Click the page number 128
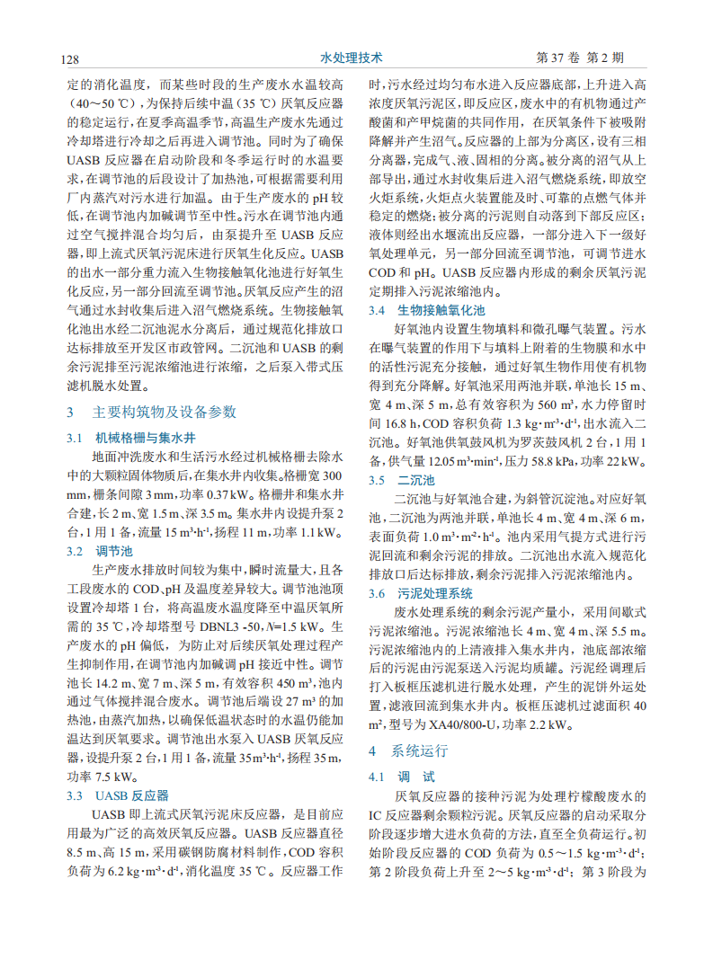[x=70, y=59]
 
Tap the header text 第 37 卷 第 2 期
[x=579, y=58]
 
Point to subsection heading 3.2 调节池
[x=101, y=551]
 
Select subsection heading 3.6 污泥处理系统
[x=422, y=593]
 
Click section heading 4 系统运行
[x=407, y=750]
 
